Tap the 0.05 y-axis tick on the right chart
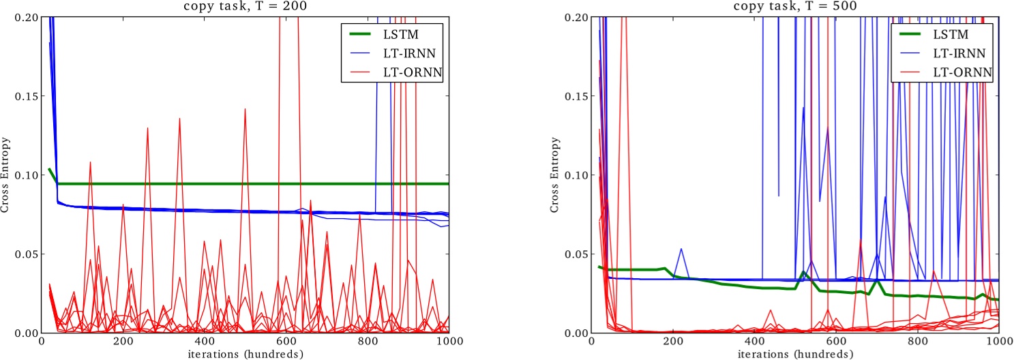click(x=575, y=254)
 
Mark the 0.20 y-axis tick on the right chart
click(x=575, y=17)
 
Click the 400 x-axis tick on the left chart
click(x=205, y=341)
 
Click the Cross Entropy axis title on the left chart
click(x=5, y=175)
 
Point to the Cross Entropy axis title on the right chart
click(x=555, y=175)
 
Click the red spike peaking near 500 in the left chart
click(x=245, y=110)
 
